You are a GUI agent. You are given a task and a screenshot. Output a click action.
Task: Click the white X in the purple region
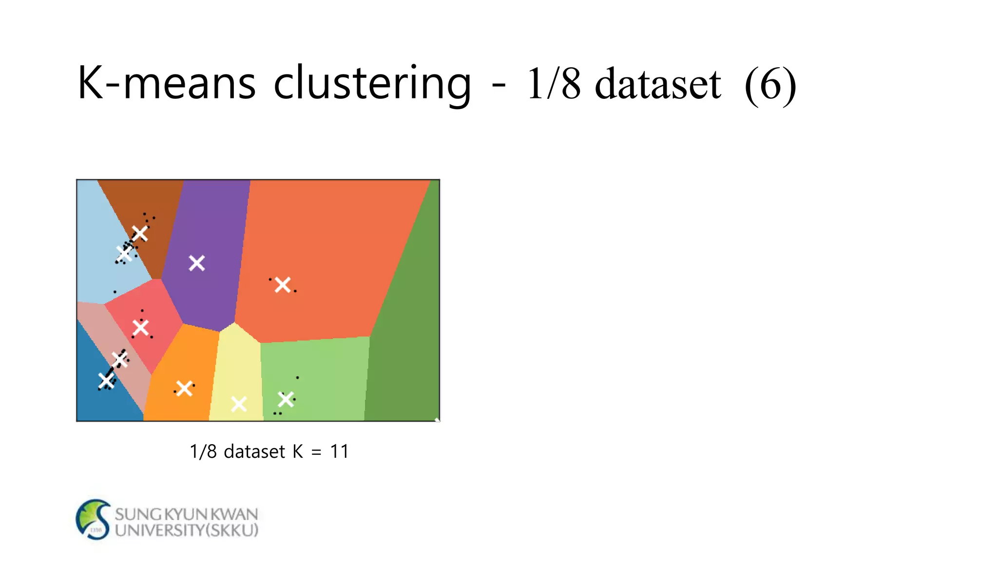point(197,263)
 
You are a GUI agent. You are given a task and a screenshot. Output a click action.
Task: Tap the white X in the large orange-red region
point(283,285)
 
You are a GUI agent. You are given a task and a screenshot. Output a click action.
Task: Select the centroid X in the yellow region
point(239,404)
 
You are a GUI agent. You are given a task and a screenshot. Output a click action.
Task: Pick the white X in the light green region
point(286,399)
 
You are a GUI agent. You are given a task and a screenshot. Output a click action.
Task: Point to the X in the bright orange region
point(184,389)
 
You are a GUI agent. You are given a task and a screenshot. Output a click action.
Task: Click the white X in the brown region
point(140,233)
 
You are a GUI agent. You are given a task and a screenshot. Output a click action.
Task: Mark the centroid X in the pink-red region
point(141,327)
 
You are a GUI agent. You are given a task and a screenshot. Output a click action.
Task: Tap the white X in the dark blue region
point(106,380)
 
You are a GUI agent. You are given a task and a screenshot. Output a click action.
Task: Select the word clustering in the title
point(372,84)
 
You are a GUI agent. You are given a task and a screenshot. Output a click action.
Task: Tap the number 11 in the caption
point(340,451)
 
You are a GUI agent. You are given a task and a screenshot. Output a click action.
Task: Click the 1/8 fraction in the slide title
point(554,84)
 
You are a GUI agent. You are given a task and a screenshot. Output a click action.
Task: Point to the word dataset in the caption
point(254,451)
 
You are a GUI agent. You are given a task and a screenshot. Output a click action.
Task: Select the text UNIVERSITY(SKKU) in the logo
point(187,530)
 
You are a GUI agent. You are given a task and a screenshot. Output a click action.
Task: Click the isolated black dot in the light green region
point(297,377)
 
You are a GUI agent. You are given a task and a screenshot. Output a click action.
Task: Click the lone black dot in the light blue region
point(115,292)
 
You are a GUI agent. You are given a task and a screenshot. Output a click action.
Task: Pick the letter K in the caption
point(298,451)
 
